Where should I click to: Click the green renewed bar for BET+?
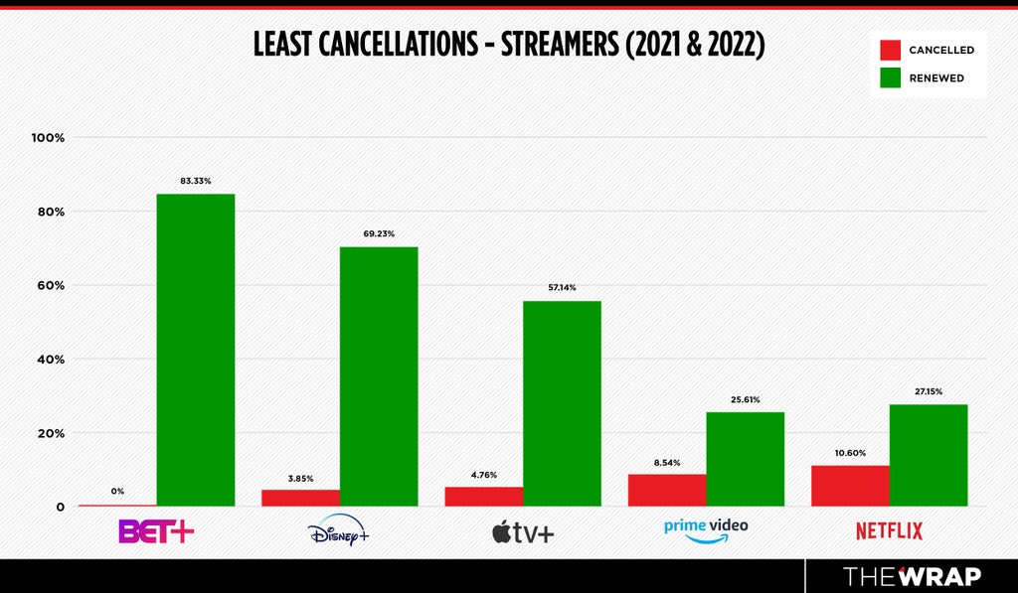196,350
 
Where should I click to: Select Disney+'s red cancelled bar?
300,498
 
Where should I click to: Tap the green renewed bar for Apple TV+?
562,403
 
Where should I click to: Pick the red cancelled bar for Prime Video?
667,490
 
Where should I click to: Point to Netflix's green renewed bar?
929,456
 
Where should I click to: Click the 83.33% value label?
196,181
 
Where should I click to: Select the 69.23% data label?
379,233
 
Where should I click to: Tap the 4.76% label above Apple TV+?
484,475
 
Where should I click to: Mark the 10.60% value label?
850,453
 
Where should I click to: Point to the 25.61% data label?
745,399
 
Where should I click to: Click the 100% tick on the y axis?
48,138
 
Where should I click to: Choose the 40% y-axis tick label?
50,360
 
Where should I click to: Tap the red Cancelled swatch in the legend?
890,50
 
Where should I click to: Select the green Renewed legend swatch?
890,77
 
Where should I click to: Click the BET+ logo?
156,531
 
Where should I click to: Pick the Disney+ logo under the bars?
338,530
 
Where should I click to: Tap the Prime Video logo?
706,530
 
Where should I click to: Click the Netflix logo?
889,531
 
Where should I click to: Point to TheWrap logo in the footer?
913,576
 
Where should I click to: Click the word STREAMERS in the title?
560,44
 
